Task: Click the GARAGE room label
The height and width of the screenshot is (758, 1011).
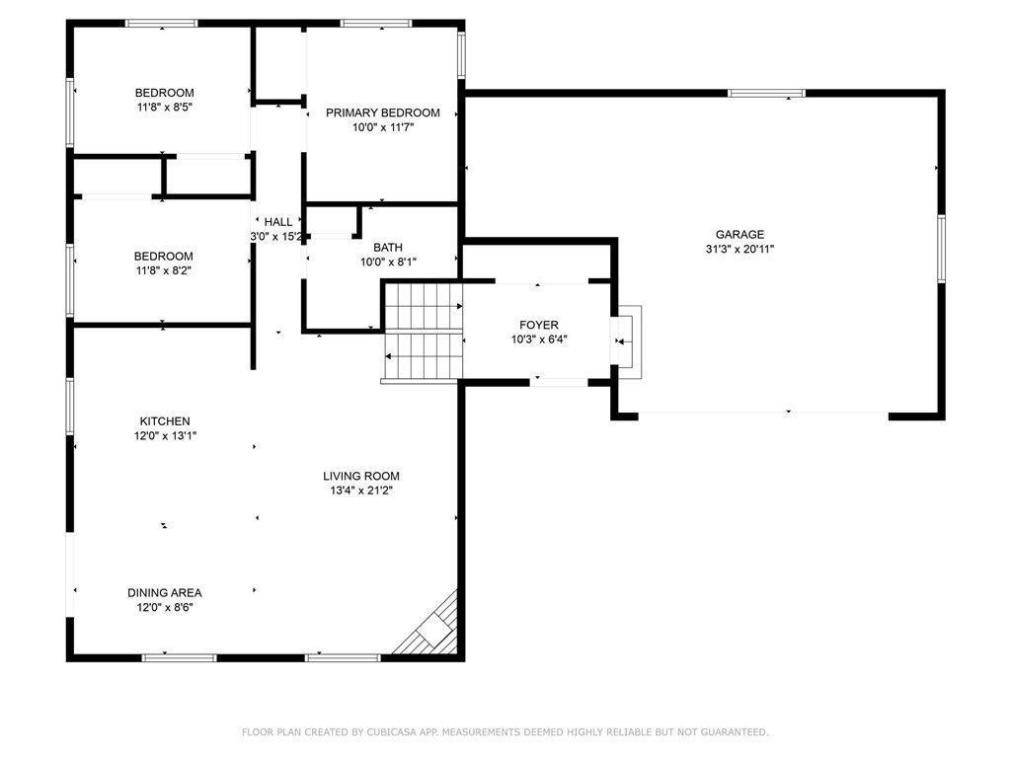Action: (x=739, y=235)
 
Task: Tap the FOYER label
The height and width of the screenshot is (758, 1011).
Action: (x=539, y=325)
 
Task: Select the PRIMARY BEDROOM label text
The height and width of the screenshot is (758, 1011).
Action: (x=383, y=113)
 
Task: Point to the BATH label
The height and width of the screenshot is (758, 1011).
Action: (x=387, y=248)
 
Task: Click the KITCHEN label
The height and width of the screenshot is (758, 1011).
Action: (x=165, y=420)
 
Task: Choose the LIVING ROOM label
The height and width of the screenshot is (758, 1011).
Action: (x=361, y=476)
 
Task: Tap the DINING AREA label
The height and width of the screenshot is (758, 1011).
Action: (x=165, y=592)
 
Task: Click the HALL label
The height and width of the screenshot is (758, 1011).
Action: (x=277, y=222)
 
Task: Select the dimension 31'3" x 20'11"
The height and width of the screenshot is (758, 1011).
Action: (x=739, y=249)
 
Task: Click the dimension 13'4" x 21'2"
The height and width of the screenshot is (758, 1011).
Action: (x=361, y=491)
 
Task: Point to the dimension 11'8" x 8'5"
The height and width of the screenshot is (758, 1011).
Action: (x=165, y=107)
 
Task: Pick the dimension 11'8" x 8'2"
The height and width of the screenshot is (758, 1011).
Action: (x=164, y=270)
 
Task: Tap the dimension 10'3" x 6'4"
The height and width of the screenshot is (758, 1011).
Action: (x=539, y=340)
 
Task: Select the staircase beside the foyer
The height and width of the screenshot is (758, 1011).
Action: (x=424, y=332)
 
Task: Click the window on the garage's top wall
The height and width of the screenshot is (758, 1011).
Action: (x=766, y=94)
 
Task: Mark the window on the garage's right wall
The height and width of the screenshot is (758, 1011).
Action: (x=941, y=249)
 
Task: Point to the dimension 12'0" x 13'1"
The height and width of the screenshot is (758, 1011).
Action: (x=165, y=435)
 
